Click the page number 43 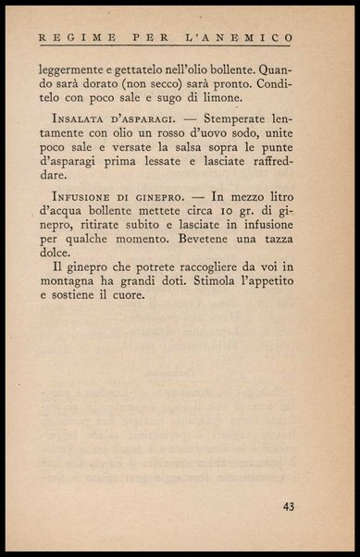point(289,506)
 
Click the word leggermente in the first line point(78,68)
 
